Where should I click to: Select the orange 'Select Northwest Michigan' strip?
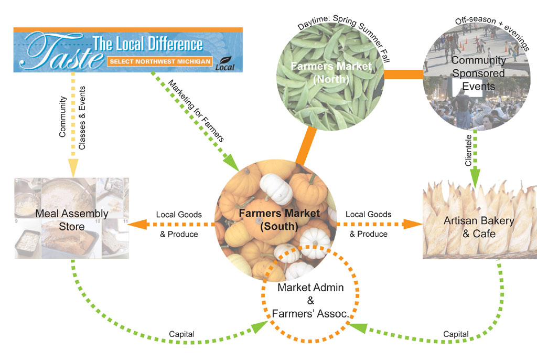(x=160, y=61)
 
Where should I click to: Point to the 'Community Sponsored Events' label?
(x=478, y=73)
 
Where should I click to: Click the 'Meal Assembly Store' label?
(x=72, y=220)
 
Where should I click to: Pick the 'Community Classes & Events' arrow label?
(x=72, y=122)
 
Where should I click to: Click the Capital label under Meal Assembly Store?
(x=181, y=334)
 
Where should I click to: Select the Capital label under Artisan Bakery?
(x=456, y=334)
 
